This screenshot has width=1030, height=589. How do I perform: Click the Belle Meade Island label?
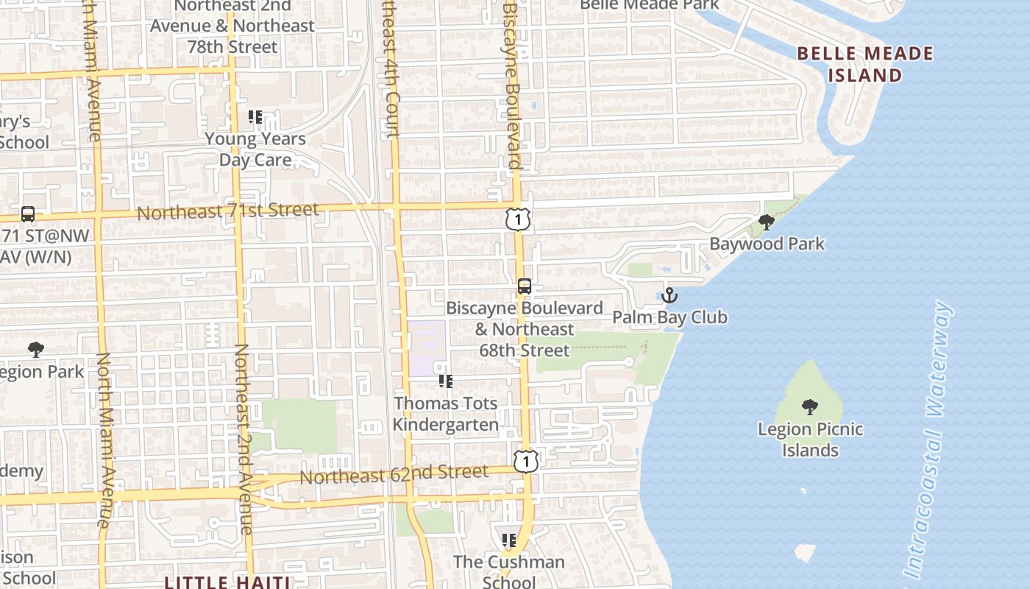click(865, 64)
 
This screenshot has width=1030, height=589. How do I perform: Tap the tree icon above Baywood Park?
click(767, 222)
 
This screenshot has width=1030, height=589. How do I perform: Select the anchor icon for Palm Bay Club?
click(669, 296)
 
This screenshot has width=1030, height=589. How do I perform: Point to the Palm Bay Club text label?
click(669, 317)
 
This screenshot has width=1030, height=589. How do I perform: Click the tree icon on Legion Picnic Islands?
click(810, 406)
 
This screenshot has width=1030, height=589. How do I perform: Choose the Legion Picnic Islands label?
click(811, 440)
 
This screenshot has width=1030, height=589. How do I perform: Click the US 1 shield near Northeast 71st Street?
click(518, 218)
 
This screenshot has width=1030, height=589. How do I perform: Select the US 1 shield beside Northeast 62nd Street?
click(526, 461)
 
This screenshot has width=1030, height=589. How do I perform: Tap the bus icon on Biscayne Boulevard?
click(525, 286)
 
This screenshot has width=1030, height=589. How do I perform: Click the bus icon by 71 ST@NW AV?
click(28, 214)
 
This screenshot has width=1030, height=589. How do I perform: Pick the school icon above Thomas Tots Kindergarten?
click(445, 381)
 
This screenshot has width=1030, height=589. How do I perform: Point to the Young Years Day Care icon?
click(255, 117)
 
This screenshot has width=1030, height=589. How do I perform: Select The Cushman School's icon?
click(508, 541)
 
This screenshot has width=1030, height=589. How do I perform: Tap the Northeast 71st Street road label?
click(229, 211)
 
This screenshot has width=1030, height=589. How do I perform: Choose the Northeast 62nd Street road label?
click(394, 474)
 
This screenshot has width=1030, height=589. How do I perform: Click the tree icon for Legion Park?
click(35, 350)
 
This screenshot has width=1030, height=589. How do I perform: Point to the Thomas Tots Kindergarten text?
click(445, 414)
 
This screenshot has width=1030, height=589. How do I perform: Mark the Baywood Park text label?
click(767, 244)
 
